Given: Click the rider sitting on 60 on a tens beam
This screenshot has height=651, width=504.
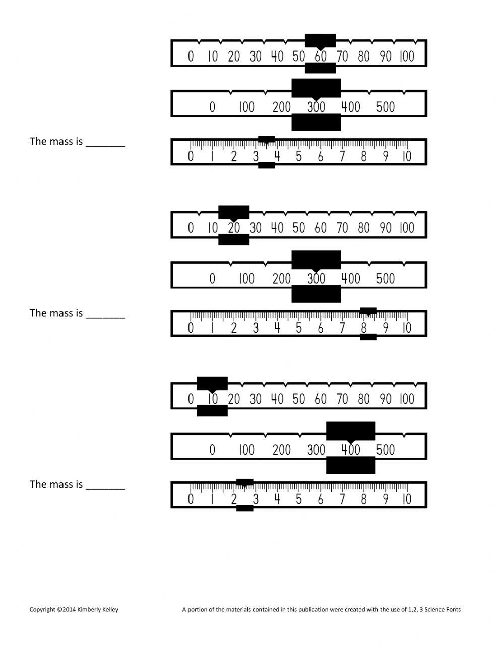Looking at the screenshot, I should click(321, 41).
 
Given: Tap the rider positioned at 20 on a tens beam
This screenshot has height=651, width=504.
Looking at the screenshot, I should click(234, 212).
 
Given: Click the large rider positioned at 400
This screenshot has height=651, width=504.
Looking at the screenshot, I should click(351, 431).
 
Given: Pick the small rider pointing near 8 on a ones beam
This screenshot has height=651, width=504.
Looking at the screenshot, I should click(368, 311).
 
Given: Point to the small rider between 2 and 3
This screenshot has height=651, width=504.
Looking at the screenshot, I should click(245, 482).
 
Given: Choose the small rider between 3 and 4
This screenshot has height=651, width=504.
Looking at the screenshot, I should click(267, 139).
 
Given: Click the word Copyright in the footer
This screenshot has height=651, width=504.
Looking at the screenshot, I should click(42, 609).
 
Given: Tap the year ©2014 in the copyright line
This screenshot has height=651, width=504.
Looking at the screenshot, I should click(66, 609).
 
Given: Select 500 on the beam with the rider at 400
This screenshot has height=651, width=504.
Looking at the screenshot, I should click(386, 450).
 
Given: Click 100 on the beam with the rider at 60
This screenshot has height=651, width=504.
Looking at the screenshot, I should click(407, 56).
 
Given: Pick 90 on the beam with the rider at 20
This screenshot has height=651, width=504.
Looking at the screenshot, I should click(386, 228).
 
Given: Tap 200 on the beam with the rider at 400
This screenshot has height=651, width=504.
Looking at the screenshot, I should click(282, 450).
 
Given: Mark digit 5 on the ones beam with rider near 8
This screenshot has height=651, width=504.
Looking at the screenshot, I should click(299, 328).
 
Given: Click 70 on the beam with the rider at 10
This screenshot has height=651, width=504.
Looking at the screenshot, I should click(342, 399).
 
